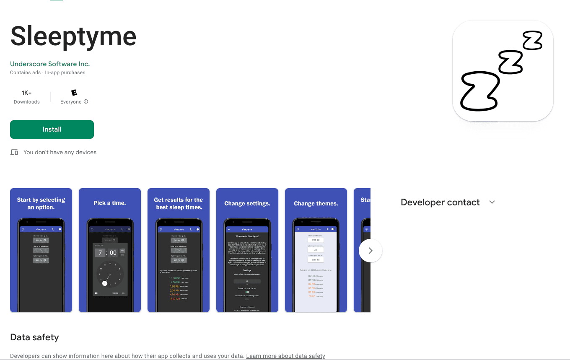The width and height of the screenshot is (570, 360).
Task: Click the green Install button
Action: click(52, 129)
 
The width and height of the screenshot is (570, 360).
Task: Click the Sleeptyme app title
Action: click(73, 36)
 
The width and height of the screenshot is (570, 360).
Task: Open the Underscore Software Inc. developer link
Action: click(50, 64)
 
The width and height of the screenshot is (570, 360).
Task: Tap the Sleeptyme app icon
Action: click(503, 71)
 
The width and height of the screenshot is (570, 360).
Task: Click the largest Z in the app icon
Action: click(480, 91)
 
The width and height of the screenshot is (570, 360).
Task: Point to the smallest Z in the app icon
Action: click(532, 41)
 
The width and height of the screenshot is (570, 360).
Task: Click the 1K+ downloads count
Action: click(27, 93)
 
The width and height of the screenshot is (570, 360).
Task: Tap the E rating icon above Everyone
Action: click(74, 93)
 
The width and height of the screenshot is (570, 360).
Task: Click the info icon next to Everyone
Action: click(86, 101)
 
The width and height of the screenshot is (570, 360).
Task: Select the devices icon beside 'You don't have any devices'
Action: click(14, 152)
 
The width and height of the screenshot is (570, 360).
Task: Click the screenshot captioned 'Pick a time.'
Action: click(110, 250)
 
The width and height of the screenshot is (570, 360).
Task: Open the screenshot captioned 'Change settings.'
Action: click(247, 250)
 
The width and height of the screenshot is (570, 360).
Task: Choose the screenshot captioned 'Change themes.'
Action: click(316, 250)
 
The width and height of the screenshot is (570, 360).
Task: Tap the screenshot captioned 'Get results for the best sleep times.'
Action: click(179, 250)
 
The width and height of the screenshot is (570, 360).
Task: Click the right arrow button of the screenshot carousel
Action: click(370, 251)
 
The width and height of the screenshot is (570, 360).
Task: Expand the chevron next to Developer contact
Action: click(492, 202)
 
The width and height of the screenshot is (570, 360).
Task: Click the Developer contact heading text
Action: click(440, 202)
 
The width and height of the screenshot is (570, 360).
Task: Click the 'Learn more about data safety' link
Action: click(285, 356)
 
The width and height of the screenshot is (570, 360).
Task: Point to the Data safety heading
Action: click(34, 337)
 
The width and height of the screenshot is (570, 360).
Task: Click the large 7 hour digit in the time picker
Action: click(100, 253)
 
